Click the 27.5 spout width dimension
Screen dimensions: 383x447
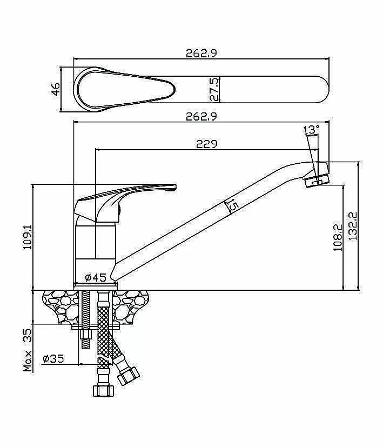click(x=214, y=89)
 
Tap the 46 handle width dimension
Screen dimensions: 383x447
click(x=56, y=89)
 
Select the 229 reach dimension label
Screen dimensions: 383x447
click(x=206, y=144)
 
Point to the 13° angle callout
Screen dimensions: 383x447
click(x=311, y=130)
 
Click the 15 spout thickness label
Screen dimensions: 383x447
click(x=232, y=205)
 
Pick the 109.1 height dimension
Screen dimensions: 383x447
click(x=28, y=236)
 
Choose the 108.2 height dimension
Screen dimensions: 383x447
click(x=338, y=237)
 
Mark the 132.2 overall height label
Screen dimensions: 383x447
click(x=353, y=226)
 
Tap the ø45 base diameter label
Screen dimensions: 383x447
click(x=96, y=277)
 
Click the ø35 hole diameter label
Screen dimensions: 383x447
click(x=53, y=358)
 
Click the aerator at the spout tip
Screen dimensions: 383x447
click(x=317, y=180)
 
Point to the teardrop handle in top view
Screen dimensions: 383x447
click(x=124, y=89)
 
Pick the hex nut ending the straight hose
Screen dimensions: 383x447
click(x=103, y=390)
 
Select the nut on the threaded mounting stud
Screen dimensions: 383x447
click(x=85, y=334)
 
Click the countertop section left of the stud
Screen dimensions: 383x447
click(x=61, y=306)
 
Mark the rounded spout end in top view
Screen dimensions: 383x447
click(x=322, y=89)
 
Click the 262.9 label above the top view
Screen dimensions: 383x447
click(x=201, y=54)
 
